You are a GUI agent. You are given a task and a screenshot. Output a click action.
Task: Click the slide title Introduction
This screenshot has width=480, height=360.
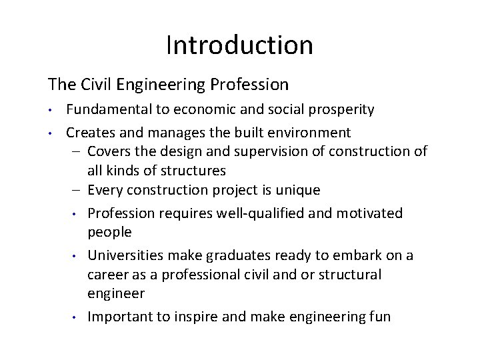tap(239, 45)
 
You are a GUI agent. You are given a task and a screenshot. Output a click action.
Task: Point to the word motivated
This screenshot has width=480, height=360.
tap(373, 213)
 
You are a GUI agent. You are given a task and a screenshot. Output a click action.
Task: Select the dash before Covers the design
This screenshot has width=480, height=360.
tap(78, 152)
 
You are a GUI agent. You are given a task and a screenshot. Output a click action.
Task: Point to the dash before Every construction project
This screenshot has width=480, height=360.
tap(78, 190)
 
